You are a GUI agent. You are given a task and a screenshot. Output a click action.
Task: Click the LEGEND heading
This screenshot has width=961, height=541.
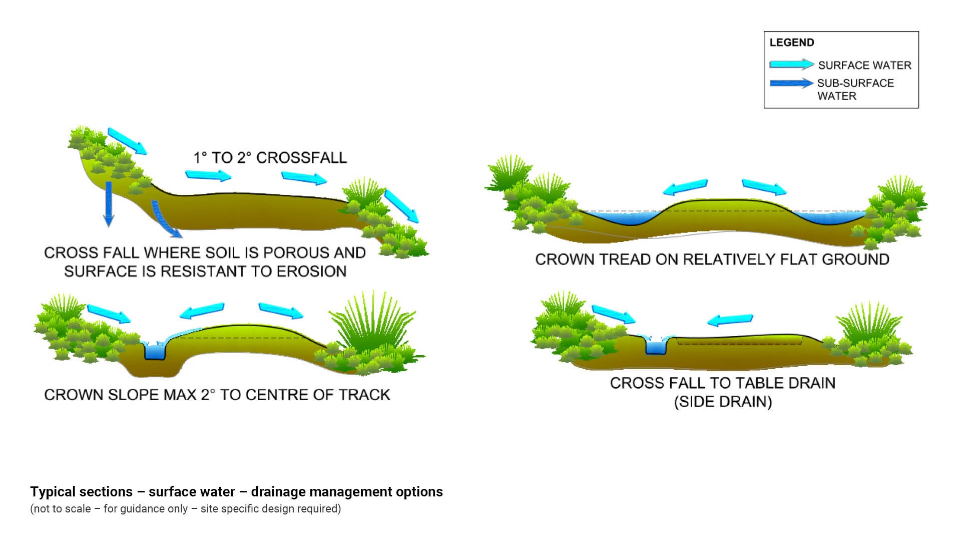[791, 43]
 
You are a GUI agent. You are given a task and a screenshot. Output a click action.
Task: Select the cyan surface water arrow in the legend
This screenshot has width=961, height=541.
[791, 65]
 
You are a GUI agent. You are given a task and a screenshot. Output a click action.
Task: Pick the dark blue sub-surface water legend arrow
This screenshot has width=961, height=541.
[791, 83]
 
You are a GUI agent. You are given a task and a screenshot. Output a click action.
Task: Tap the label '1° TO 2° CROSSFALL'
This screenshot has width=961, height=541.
[270, 158]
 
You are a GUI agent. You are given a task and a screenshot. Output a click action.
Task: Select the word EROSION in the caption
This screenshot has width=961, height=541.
[311, 272]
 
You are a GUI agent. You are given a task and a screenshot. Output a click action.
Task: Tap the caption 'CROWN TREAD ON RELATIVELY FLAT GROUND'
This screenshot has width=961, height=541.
[712, 259]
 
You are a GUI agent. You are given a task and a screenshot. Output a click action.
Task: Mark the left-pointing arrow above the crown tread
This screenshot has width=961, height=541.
[685, 187]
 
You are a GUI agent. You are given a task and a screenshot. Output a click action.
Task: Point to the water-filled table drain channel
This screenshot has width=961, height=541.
[656, 346]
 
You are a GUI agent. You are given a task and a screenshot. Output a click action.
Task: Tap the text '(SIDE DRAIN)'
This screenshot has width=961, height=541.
[723, 402]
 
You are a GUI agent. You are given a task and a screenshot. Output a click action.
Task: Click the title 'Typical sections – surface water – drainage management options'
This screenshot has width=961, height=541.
[236, 492]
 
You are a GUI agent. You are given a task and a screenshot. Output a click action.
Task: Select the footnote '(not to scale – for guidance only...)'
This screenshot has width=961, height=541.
[185, 509]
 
